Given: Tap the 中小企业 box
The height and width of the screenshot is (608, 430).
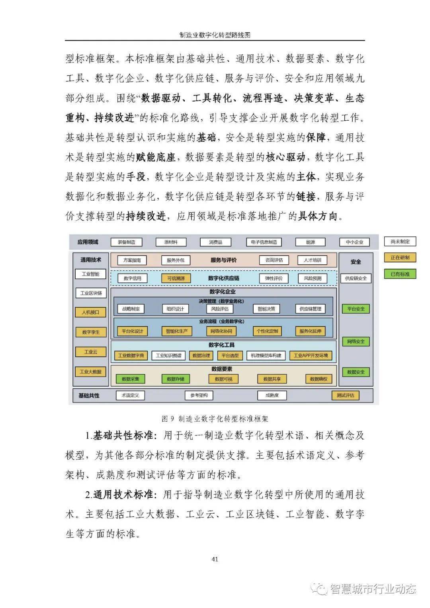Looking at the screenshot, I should point(354,242).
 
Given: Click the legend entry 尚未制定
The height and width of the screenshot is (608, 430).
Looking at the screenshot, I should point(400,241).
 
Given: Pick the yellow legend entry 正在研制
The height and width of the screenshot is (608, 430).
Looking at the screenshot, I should point(400,258).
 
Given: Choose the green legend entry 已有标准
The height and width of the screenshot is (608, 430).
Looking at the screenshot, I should point(400,274).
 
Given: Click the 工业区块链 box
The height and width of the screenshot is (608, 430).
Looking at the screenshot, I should point(91,293).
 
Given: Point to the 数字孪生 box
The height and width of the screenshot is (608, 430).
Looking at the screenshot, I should point(91,332).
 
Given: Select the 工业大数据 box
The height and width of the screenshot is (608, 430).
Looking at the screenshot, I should point(91,372).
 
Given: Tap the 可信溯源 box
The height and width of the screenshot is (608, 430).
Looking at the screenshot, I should point(176,278).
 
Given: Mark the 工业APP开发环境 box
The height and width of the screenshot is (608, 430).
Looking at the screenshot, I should point(311,356).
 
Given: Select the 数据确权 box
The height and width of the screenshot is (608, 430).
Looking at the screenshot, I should point(319,379).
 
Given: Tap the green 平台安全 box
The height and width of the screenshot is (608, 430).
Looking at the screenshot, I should point(356,309).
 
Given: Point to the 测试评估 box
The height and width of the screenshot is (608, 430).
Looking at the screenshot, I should point(345,395).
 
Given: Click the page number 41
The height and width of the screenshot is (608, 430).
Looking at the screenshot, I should point(215,559).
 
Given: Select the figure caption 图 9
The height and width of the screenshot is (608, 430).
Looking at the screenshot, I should point(215,418).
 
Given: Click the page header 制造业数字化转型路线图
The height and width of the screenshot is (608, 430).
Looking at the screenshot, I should point(215,35).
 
